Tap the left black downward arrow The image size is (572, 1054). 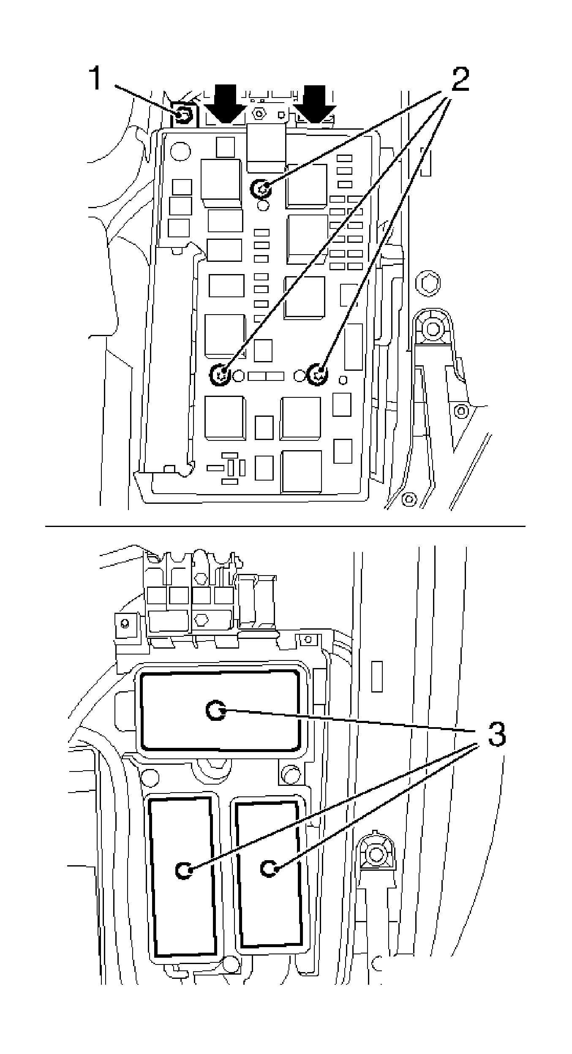tap(224, 104)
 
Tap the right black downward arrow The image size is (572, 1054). tap(315, 104)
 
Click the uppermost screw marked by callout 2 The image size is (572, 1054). tap(261, 188)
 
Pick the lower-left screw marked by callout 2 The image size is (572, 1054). tap(220, 374)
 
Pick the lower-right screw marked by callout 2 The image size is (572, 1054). tap(318, 374)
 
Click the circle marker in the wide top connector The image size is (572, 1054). tap(216, 710)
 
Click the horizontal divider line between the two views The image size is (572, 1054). tap(285, 526)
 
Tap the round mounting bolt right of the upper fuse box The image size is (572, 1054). tap(433, 328)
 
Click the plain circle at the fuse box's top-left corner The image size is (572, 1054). tap(180, 151)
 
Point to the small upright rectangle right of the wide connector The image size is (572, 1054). tap(377, 676)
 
